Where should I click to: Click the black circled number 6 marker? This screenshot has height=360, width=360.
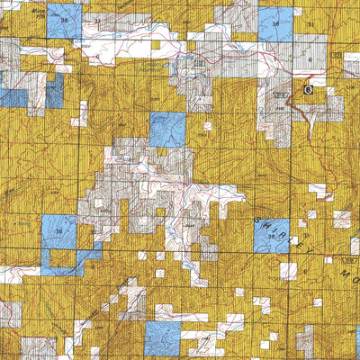coord(307,90)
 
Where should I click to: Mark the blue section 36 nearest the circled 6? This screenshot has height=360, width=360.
coord(276,26)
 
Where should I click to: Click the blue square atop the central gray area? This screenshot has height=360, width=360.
coord(166,130)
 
